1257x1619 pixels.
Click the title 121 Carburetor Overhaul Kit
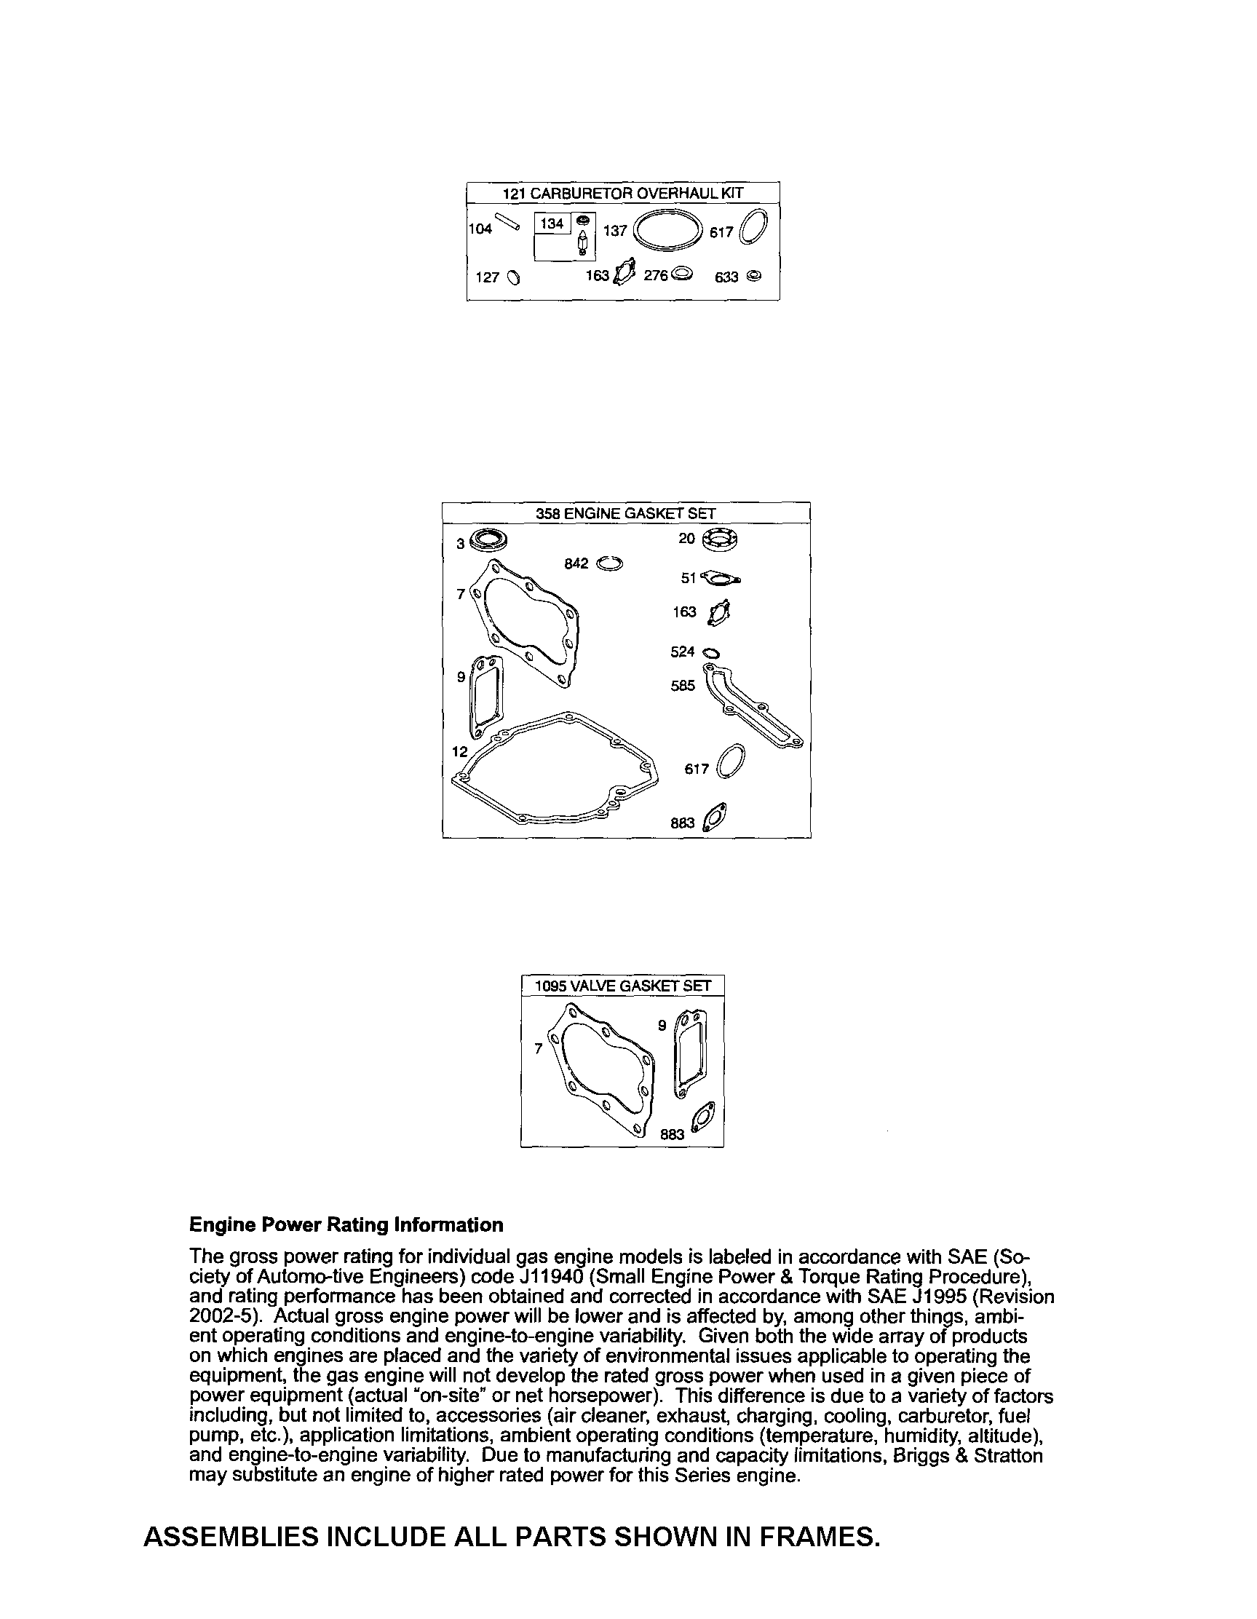coord(622,194)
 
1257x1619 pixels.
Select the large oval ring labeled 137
coord(667,231)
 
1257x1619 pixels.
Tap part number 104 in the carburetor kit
coord(480,229)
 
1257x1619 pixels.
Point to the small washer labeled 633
coord(754,276)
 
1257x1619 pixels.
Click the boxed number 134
coord(552,223)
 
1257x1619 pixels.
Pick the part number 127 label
coord(487,277)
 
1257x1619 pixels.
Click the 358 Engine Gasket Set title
coord(625,513)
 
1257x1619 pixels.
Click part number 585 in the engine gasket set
coord(683,686)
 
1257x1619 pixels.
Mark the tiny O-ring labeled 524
coord(710,653)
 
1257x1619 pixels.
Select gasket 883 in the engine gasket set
coord(717,818)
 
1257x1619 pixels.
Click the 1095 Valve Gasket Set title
coord(622,985)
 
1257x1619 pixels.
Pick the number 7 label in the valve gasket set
coord(539,1048)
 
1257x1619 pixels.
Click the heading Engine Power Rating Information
coord(346,1224)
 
